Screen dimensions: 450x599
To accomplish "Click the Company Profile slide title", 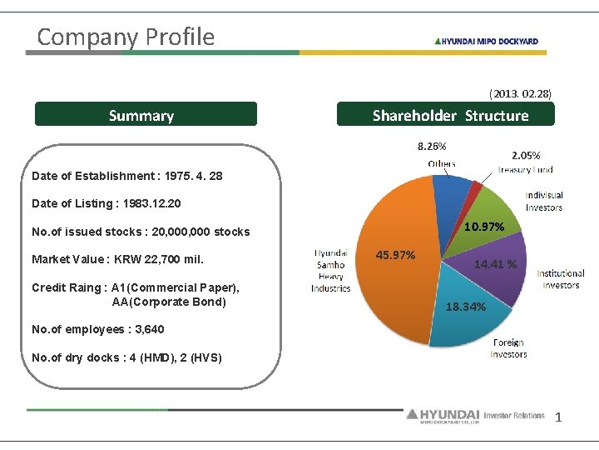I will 126,37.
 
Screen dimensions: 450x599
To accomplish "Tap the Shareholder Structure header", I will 445,115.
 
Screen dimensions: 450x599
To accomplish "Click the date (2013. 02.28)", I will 520,93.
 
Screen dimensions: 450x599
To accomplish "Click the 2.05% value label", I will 526,155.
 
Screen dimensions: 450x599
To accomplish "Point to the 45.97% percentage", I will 396,255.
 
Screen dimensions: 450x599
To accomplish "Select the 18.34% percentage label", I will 466,307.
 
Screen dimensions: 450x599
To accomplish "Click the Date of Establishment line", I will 126,176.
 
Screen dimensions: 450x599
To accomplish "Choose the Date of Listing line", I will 106,203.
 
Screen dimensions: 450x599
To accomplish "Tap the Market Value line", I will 117,259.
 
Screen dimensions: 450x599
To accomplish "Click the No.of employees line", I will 97,329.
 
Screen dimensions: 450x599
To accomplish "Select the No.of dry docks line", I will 126,357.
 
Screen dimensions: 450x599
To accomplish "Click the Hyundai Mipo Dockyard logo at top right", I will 486,41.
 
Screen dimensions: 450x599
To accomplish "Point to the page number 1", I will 558,417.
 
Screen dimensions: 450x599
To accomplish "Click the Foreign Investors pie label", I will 508,348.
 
